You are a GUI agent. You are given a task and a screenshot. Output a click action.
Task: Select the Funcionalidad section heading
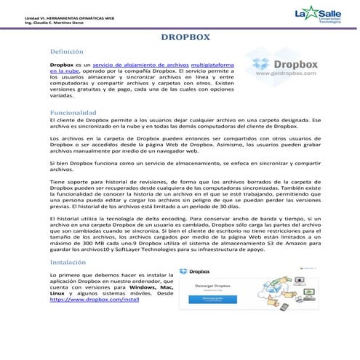73,113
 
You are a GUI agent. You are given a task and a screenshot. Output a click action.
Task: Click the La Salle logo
316,15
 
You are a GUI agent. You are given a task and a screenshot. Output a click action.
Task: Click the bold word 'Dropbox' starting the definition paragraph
62,65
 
